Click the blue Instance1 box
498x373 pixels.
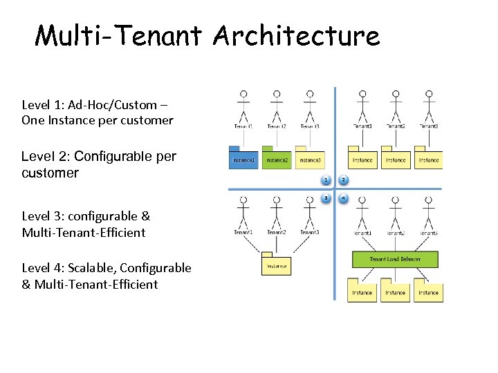pyautogui.click(x=243, y=160)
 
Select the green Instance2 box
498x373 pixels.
pyautogui.click(x=277, y=160)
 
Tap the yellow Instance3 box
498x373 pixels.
pyautogui.click(x=310, y=160)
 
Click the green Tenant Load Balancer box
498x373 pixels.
pyautogui.click(x=395, y=259)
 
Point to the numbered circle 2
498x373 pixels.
pyautogui.click(x=344, y=180)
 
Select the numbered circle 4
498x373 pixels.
pyautogui.click(x=344, y=198)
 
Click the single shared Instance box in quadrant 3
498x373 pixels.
pyautogui.click(x=276, y=265)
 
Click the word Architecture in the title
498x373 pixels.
pyautogui.click(x=297, y=35)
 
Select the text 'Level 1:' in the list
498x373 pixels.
pyautogui.click(x=41, y=105)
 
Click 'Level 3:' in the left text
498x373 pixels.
pyautogui.click(x=41, y=216)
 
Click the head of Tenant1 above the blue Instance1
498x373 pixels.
pyautogui.click(x=243, y=94)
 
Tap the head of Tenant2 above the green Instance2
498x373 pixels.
pyautogui.click(x=277, y=94)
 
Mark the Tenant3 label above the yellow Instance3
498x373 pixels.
pyautogui.click(x=310, y=126)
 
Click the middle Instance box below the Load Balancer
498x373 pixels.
pyautogui.click(x=395, y=292)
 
